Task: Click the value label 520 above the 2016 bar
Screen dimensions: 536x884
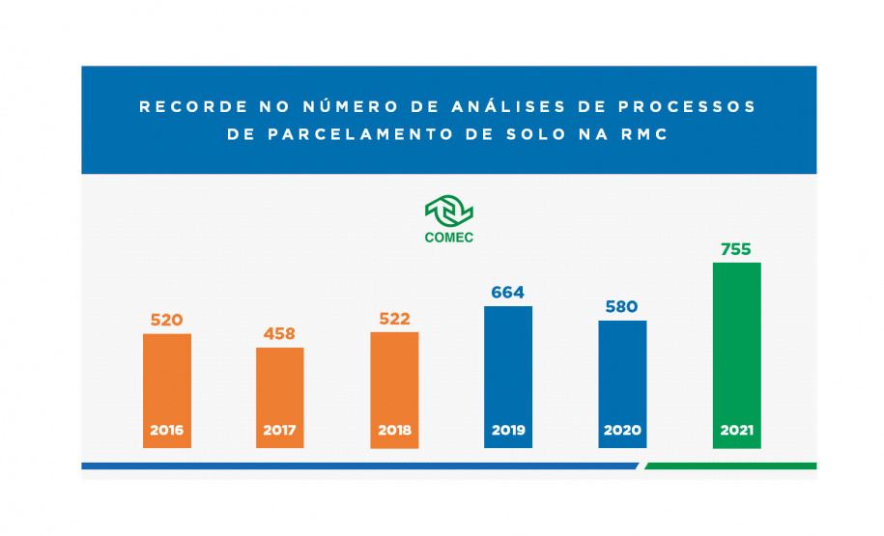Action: (x=166, y=320)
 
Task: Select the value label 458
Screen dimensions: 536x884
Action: (x=280, y=334)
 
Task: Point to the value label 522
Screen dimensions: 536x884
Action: (x=394, y=320)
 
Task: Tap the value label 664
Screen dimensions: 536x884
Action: (x=508, y=293)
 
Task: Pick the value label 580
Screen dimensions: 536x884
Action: (x=622, y=307)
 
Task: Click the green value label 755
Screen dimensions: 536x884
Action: (x=736, y=249)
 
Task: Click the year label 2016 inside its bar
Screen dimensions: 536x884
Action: (x=166, y=430)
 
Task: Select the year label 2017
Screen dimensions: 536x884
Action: (x=280, y=430)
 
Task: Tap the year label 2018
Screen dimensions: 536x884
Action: (x=394, y=430)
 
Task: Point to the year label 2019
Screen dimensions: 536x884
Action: (x=508, y=430)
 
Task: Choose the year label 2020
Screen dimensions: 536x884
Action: (x=622, y=430)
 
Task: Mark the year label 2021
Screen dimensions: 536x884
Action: (x=736, y=430)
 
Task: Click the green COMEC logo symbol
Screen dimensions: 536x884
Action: (x=449, y=211)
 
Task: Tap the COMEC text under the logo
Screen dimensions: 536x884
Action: (x=449, y=237)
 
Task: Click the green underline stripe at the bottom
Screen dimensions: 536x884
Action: (x=730, y=465)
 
